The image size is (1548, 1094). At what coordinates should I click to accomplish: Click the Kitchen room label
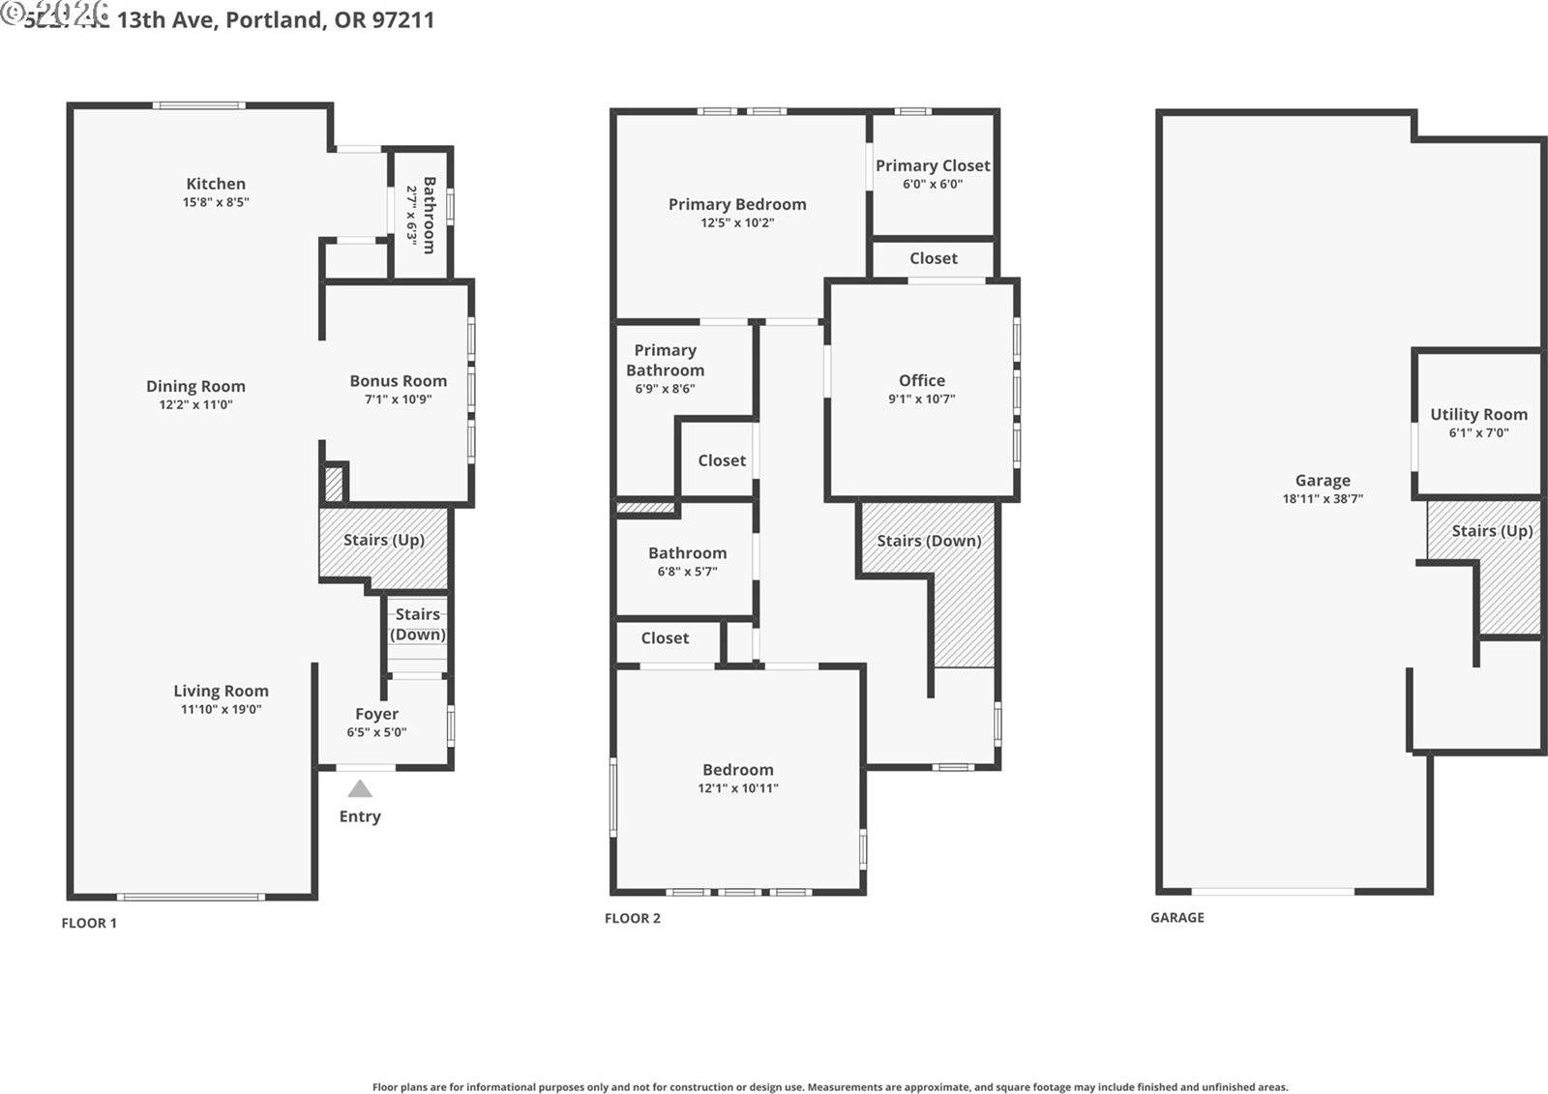click(x=216, y=184)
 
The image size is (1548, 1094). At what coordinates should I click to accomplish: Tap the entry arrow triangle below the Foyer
click(x=360, y=789)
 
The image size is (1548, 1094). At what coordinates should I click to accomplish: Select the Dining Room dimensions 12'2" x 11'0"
click(x=195, y=405)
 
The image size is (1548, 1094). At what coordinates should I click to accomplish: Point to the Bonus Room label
click(x=398, y=381)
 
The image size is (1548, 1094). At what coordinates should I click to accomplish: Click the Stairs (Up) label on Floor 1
click(x=384, y=540)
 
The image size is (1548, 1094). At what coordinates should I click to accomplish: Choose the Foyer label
click(x=376, y=714)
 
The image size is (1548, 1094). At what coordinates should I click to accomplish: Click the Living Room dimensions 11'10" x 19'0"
click(x=221, y=709)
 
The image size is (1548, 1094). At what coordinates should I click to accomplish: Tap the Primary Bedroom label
click(x=736, y=204)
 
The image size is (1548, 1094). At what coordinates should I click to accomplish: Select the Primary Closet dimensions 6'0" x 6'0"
click(x=932, y=184)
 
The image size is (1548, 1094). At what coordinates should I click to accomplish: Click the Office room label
click(x=921, y=380)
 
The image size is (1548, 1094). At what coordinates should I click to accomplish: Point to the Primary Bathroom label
click(x=665, y=360)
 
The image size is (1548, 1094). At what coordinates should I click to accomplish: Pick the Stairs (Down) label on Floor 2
click(x=929, y=541)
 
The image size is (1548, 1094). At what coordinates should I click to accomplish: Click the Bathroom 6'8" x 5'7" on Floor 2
click(x=687, y=553)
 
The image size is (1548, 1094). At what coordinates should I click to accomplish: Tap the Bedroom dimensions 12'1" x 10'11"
click(x=737, y=788)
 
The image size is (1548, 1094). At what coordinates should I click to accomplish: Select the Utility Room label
click(x=1478, y=414)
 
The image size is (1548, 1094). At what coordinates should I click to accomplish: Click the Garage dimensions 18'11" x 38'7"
click(x=1322, y=499)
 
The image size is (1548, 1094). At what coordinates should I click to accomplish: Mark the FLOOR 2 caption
click(x=632, y=918)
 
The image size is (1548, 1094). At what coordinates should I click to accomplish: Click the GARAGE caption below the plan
click(x=1176, y=917)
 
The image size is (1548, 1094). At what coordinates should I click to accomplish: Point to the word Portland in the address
click(x=276, y=19)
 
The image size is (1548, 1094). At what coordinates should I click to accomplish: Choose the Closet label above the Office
click(x=933, y=258)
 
